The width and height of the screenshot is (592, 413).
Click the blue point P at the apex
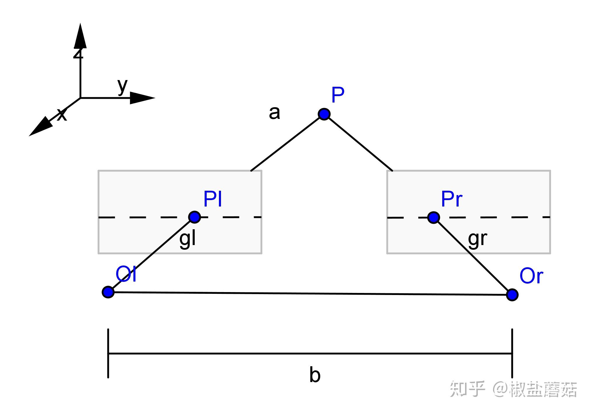(324, 114)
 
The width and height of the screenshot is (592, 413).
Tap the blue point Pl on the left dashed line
(194, 217)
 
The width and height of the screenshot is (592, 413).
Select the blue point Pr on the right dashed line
(433, 218)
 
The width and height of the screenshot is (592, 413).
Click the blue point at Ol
(108, 292)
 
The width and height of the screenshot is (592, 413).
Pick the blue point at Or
(512, 295)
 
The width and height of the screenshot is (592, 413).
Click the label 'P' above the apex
(338, 95)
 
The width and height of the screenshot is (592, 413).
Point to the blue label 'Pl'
(213, 199)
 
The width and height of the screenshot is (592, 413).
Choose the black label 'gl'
(187, 239)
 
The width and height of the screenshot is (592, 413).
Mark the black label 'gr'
(478, 239)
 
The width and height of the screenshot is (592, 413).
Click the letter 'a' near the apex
(274, 113)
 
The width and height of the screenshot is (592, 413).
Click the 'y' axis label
(122, 86)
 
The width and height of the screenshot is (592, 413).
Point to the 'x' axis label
(62, 114)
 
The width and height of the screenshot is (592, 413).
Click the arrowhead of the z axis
(80, 37)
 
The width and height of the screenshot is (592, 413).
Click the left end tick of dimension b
(108, 353)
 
